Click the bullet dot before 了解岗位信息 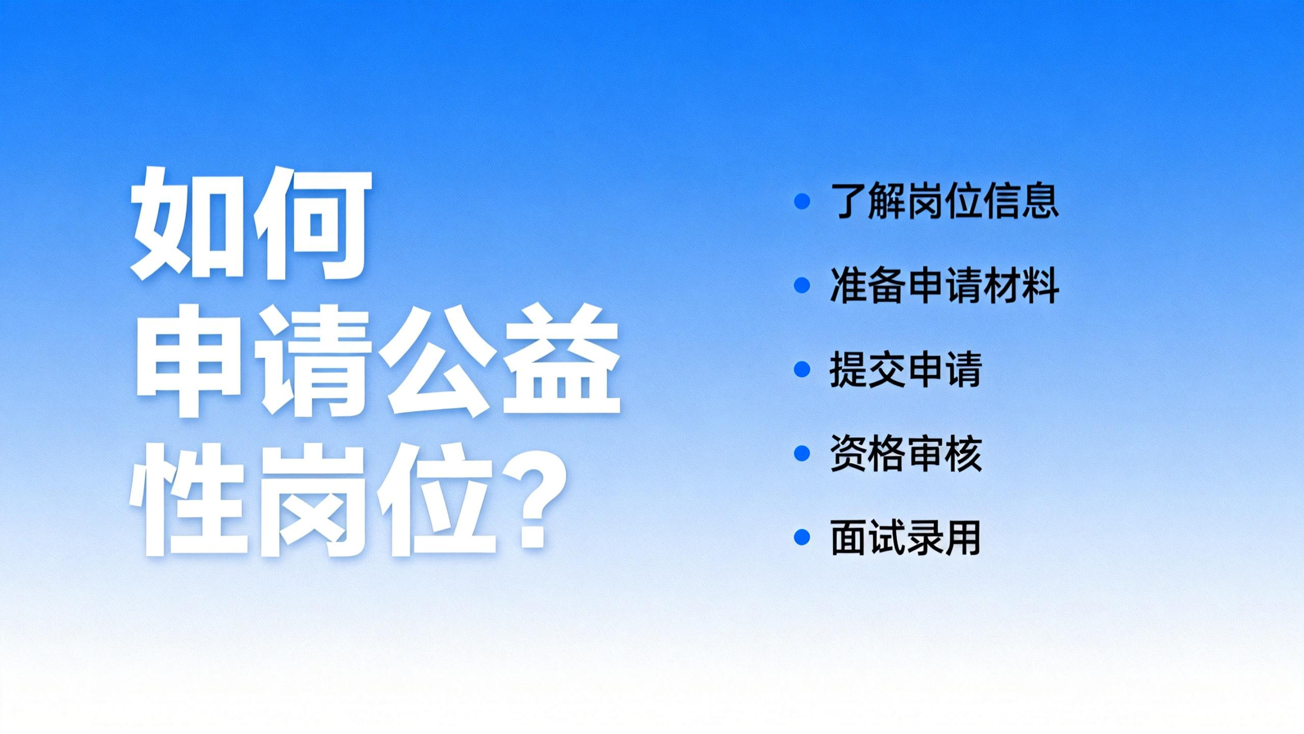pyautogui.click(x=802, y=201)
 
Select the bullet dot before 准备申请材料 pyautogui.click(x=802, y=285)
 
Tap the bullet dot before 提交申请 pyautogui.click(x=802, y=370)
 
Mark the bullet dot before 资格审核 pyautogui.click(x=802, y=454)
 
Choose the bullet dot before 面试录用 pyautogui.click(x=802, y=538)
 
